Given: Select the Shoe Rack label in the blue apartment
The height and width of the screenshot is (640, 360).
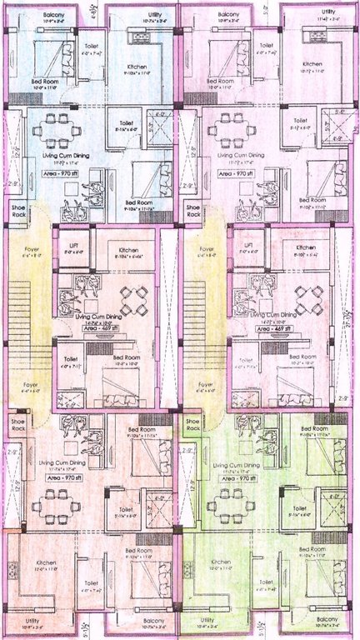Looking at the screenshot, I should [x=17, y=210].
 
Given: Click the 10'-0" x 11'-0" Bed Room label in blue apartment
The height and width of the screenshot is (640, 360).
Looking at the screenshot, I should [x=47, y=83].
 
